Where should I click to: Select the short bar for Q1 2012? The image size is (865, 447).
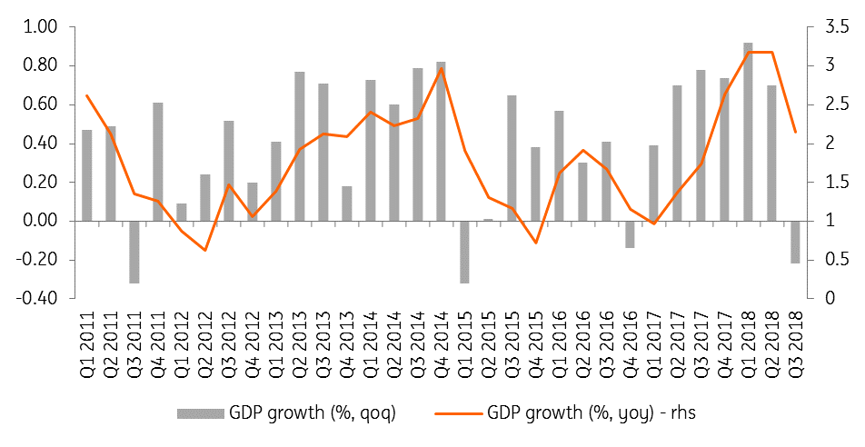click(x=182, y=212)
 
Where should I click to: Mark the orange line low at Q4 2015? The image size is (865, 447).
click(x=536, y=243)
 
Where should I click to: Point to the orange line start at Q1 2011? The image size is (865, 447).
click(x=87, y=95)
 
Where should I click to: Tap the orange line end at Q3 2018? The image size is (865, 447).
click(x=795, y=132)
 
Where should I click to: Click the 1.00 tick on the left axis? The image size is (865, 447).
click(x=39, y=27)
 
